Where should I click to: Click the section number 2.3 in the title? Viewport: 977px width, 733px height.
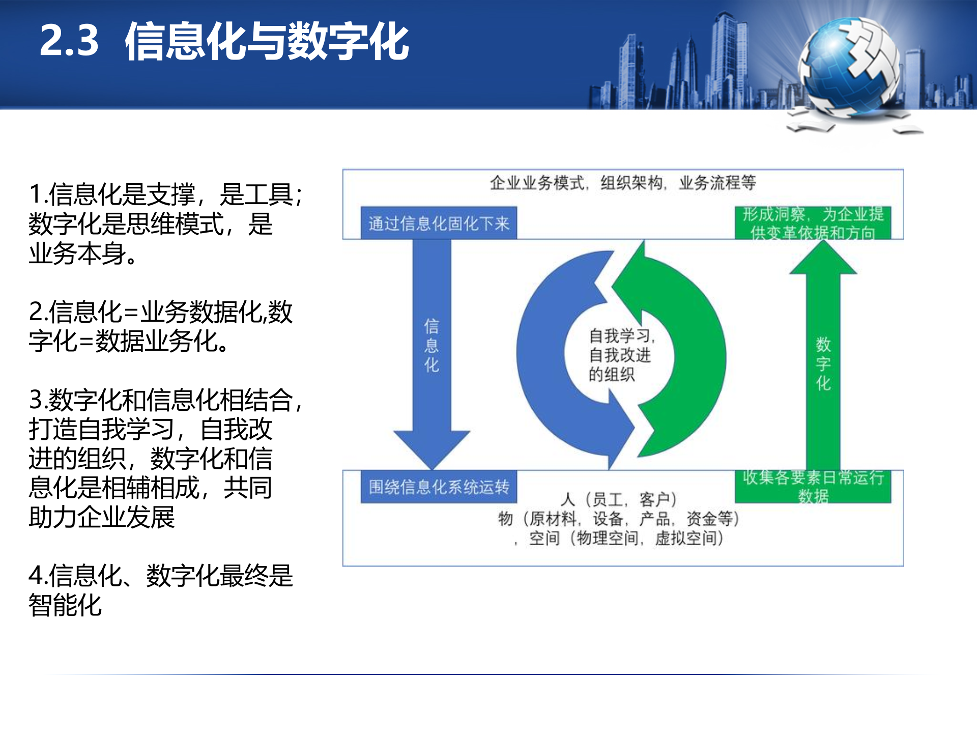click(69, 41)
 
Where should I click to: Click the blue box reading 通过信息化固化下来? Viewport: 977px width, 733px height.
click(439, 223)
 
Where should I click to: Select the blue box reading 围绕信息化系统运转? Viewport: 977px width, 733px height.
click(439, 487)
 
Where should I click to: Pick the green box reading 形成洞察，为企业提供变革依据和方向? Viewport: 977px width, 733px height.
click(813, 223)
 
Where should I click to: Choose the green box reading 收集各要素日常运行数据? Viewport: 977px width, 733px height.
click(813, 486)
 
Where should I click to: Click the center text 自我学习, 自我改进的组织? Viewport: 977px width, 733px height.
click(620, 355)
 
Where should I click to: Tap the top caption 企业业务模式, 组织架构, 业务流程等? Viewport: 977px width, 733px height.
click(623, 183)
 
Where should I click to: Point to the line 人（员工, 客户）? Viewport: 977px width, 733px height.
click(619, 499)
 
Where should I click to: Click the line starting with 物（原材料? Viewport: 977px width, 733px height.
click(619, 519)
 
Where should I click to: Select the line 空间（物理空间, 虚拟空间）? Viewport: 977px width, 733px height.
click(626, 538)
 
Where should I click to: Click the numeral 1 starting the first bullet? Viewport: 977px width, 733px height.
click(35, 194)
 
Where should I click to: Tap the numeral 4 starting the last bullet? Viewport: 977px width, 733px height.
click(36, 576)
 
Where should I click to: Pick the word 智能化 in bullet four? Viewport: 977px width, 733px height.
click(65, 605)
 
